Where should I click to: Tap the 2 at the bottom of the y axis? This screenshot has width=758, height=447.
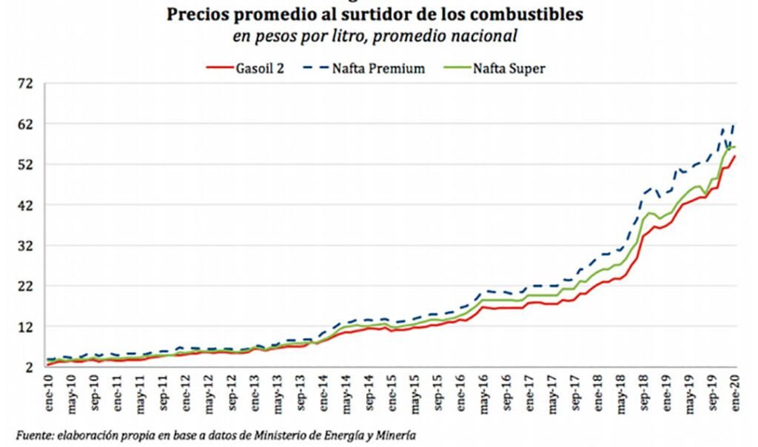pyautogui.click(x=29, y=367)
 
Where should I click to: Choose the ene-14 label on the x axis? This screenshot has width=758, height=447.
pyautogui.click(x=323, y=391)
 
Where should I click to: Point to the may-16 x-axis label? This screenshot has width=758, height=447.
pyautogui.click(x=483, y=391)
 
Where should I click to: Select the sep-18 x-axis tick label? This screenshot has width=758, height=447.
pyautogui.click(x=643, y=391)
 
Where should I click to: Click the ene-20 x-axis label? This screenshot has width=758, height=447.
pyautogui.click(x=735, y=391)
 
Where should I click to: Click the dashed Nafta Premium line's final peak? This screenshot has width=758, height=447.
pyautogui.click(x=734, y=124)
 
